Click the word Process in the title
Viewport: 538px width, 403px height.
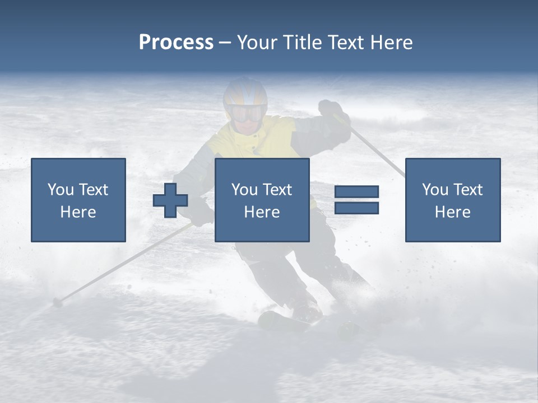(x=176, y=43)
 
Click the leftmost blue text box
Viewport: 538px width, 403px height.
(x=78, y=200)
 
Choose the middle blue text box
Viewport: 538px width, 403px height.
(x=262, y=200)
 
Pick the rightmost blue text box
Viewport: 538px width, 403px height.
(x=452, y=200)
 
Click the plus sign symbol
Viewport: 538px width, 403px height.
(x=170, y=200)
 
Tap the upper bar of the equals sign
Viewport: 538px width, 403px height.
(x=356, y=191)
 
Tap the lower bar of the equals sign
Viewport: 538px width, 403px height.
(x=356, y=208)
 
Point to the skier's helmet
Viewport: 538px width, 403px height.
(x=245, y=92)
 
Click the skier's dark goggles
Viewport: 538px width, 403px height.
(x=246, y=114)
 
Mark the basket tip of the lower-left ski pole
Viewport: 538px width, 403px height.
(x=57, y=303)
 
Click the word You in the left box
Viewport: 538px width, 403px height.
(x=60, y=190)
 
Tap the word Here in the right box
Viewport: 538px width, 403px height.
(x=452, y=212)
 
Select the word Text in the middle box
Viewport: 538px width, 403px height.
(x=277, y=190)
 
